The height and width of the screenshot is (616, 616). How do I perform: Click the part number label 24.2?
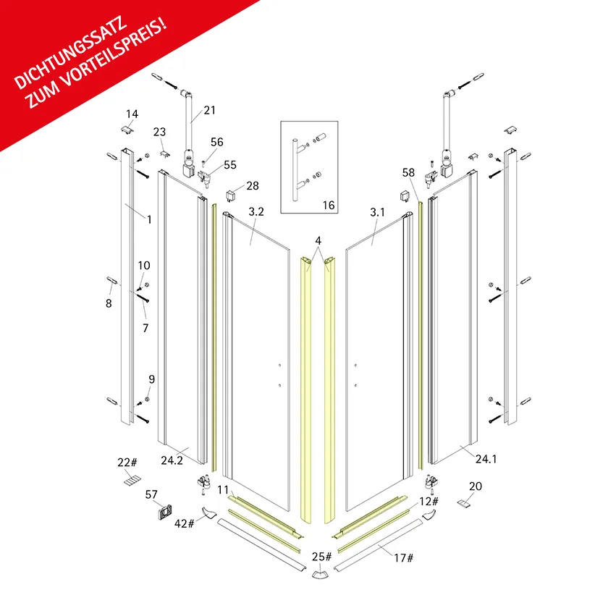(x=172, y=460)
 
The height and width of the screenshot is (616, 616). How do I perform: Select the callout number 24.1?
(x=486, y=459)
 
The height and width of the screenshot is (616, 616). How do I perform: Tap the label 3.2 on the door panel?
(x=256, y=212)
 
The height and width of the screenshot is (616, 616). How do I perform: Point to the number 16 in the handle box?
(x=329, y=205)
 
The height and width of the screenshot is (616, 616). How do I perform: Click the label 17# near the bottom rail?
(x=403, y=558)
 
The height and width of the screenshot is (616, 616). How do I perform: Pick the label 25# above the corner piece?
(x=321, y=557)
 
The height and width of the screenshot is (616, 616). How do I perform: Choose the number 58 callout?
(x=408, y=172)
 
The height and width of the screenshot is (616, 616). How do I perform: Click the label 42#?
(x=185, y=523)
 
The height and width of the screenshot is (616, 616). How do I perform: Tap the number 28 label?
(x=253, y=185)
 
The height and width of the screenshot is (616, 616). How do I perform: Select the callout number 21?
(x=209, y=110)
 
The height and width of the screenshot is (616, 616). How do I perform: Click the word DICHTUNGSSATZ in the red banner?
(x=71, y=52)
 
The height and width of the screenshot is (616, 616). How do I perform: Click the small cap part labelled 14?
(x=127, y=130)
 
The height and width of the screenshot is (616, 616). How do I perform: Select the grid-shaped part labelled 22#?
(x=132, y=480)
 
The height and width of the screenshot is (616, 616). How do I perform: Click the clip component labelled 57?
(x=166, y=512)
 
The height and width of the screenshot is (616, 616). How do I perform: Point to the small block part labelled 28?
(x=230, y=195)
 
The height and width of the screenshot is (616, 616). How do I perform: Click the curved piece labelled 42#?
(x=208, y=512)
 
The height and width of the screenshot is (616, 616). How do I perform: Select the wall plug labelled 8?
(x=111, y=281)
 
